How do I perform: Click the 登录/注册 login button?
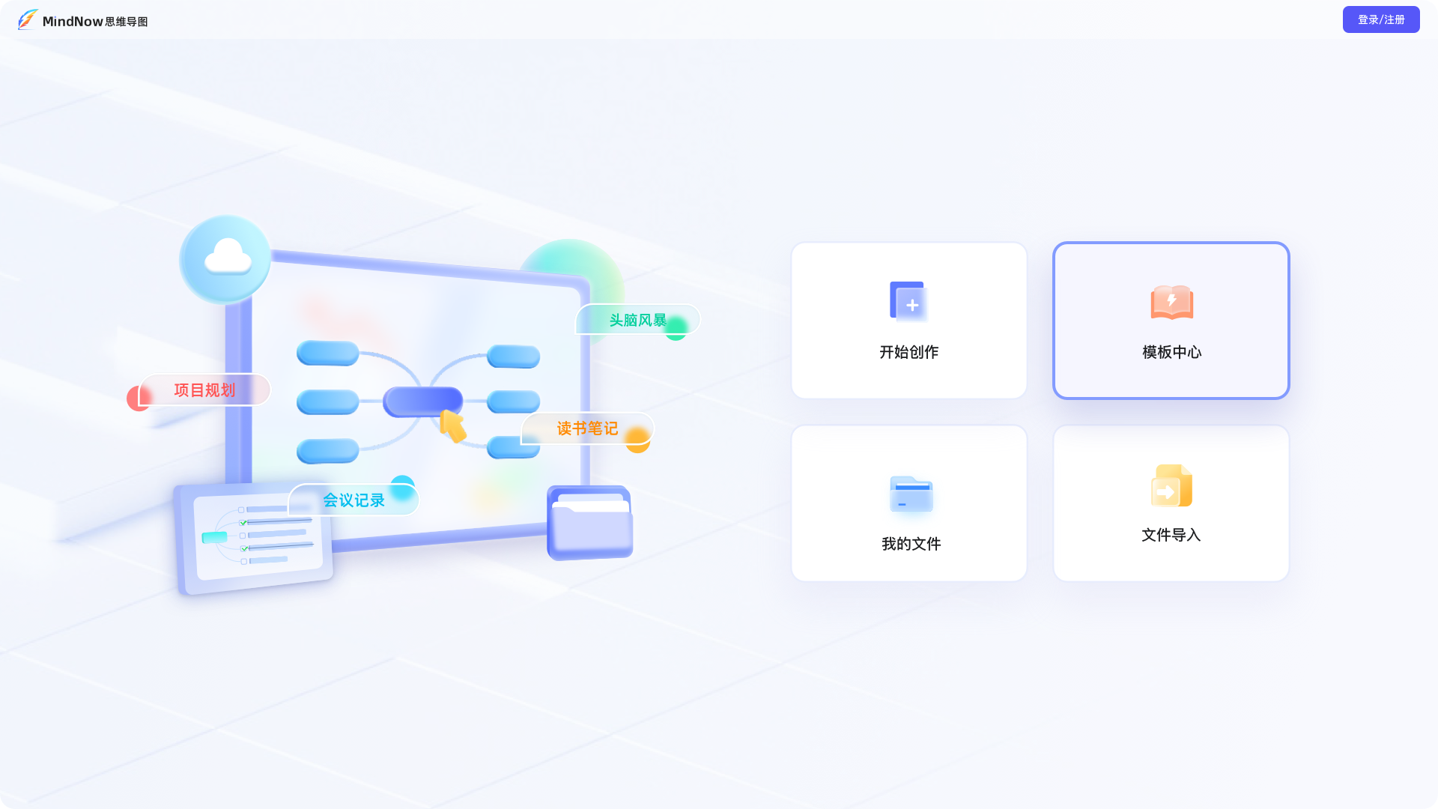1380,19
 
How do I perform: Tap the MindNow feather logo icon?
28,19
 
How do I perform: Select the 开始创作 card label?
908,352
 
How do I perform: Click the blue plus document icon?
908,302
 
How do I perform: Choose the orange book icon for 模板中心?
1171,302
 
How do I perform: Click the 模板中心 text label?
1171,352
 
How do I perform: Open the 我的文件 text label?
911,544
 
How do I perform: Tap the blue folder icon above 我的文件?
911,494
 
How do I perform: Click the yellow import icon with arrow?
1171,486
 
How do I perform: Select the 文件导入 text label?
1171,535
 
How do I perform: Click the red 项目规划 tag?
204,390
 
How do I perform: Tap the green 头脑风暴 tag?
637,321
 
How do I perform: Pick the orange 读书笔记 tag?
587,428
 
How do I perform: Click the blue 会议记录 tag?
354,500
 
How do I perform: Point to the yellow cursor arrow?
452,425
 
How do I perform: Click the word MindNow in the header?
73,22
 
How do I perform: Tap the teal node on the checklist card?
215,537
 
